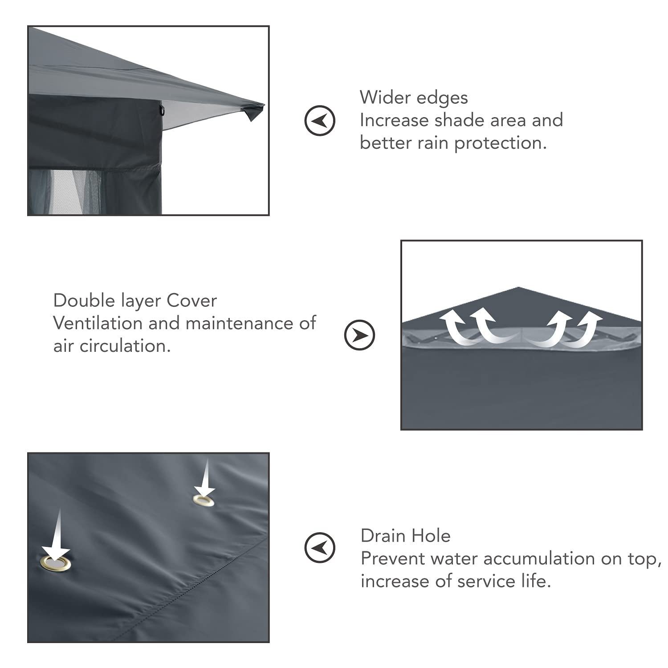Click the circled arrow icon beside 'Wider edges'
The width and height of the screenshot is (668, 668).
coord(320,120)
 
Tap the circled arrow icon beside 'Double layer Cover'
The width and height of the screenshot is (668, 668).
coord(359,335)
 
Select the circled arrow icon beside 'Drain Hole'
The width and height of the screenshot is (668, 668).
coord(320,547)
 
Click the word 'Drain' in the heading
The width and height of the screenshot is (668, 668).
coord(384,536)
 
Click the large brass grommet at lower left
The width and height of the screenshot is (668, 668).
coord(55,563)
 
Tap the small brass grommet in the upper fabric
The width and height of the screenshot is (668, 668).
coord(204,501)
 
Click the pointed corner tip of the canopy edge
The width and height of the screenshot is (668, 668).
coord(264,106)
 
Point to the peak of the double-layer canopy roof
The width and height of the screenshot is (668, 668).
coord(518,288)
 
